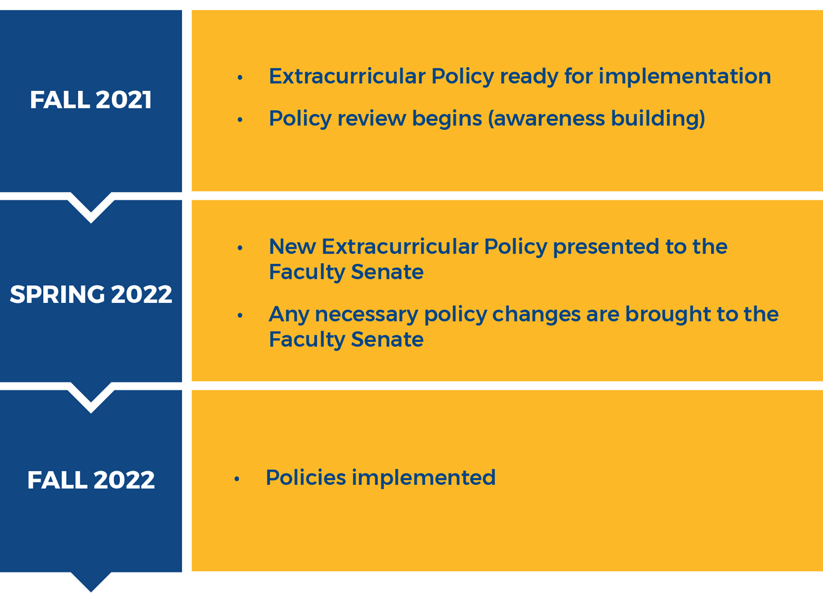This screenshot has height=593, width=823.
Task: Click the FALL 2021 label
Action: pyautogui.click(x=90, y=100)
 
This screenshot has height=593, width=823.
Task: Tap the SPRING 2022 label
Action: pyautogui.click(x=90, y=294)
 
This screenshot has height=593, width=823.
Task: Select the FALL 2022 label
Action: pyautogui.click(x=90, y=480)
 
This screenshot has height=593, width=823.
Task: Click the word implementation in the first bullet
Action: pyautogui.click(x=685, y=77)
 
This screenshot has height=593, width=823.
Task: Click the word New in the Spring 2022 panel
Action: pyautogui.click(x=292, y=247)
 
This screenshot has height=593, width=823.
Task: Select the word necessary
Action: pyautogui.click(x=366, y=314)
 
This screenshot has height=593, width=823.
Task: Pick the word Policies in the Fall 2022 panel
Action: pyautogui.click(x=306, y=477)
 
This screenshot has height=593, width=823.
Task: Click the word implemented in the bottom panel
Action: pyautogui.click(x=424, y=478)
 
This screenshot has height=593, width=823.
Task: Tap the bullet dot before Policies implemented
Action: pyautogui.click(x=237, y=479)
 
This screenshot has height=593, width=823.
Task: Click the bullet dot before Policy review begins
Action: pyautogui.click(x=240, y=120)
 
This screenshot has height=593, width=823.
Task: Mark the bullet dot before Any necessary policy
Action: pyautogui.click(x=240, y=316)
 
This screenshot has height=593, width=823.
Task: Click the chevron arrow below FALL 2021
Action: pyautogui.click(x=90, y=207)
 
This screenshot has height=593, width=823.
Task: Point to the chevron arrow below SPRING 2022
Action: pyautogui.click(x=90, y=397)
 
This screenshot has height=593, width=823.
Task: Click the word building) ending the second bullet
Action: pyautogui.click(x=658, y=119)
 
